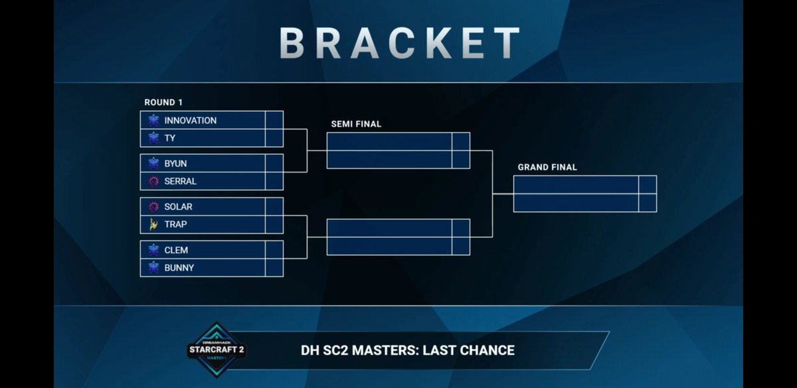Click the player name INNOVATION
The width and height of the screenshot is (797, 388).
pos(190,120)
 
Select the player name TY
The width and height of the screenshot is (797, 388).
pos(171,138)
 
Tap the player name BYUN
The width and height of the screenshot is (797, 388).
pos(176,163)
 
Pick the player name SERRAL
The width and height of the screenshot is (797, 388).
pos(181,181)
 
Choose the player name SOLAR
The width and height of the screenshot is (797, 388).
pos(178,207)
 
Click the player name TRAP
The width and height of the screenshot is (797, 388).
pos(175,224)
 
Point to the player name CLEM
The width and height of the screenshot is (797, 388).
pos(176,250)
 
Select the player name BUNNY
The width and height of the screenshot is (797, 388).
pos(179,267)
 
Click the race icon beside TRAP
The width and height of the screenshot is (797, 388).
pos(153,224)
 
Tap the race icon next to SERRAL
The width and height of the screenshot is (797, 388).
pos(153,181)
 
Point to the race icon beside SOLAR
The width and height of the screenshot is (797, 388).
pos(153,207)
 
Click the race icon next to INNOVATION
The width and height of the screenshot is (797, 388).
pos(153,120)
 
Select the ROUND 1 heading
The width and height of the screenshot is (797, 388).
pos(163,102)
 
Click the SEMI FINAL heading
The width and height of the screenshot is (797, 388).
pos(356,124)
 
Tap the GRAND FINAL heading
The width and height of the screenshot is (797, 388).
pos(547,167)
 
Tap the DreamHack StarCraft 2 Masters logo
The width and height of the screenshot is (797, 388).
pos(216,350)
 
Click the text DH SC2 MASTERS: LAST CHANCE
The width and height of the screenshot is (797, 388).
pos(408,349)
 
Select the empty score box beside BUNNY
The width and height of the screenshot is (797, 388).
pos(274,267)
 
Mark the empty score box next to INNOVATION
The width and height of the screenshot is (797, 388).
pos(274,120)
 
